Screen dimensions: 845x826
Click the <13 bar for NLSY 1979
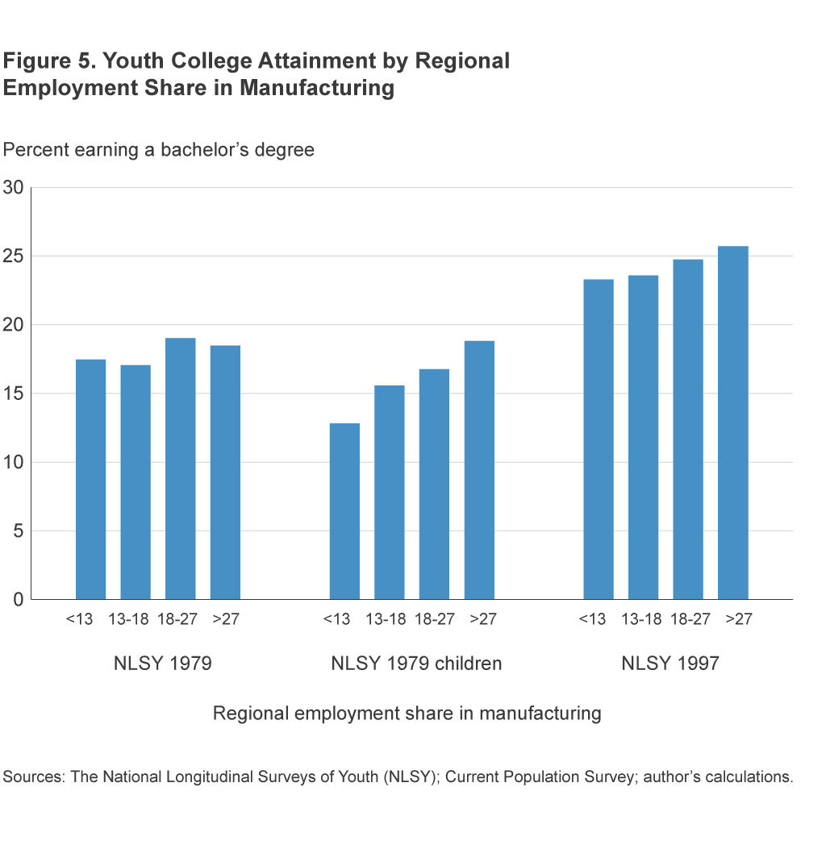(90, 479)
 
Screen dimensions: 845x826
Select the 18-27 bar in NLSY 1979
(180, 468)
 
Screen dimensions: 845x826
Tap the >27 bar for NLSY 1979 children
(479, 470)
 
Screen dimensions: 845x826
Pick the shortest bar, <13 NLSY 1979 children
(344, 511)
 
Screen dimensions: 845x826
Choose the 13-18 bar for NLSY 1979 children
(390, 492)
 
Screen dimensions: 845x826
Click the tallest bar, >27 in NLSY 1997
(732, 422)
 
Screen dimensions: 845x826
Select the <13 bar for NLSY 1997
(598, 439)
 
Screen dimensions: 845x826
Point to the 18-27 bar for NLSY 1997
(688, 429)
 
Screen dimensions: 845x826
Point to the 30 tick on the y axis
(14, 188)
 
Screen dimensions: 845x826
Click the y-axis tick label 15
(14, 393)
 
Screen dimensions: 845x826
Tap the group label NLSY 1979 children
(416, 664)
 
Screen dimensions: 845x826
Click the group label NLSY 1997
(670, 664)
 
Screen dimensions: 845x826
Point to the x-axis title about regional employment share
(407, 714)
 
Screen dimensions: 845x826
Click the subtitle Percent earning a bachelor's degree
(159, 150)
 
